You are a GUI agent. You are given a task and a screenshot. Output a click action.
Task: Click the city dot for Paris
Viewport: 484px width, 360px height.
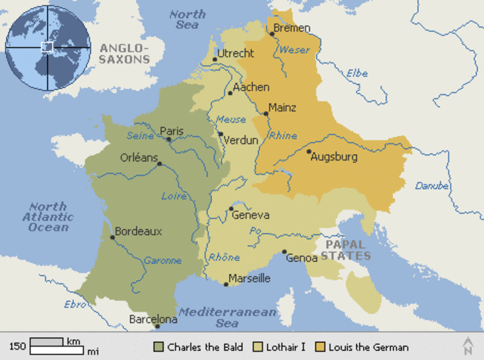click(169, 139)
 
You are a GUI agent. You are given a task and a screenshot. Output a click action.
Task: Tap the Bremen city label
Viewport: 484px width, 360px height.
click(292, 28)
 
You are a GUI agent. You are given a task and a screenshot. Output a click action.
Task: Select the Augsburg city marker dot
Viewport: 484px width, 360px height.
click(309, 152)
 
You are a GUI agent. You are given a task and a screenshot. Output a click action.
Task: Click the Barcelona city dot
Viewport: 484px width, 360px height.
click(157, 327)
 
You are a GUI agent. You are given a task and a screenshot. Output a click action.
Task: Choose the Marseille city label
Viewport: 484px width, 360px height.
click(250, 278)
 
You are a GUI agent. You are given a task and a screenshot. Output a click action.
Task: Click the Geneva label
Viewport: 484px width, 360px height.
click(250, 215)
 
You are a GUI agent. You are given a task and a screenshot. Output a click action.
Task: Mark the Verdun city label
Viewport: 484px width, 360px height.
click(240, 140)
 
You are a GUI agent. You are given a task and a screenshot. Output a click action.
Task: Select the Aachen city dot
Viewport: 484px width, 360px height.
click(230, 93)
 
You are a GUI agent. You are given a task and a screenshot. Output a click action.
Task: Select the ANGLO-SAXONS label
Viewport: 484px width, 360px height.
click(126, 54)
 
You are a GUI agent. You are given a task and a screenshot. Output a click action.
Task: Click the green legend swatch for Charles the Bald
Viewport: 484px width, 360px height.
click(158, 347)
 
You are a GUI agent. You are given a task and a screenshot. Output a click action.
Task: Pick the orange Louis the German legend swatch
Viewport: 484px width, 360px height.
click(321, 347)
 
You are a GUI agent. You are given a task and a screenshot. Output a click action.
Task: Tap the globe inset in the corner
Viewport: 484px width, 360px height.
click(47, 46)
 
